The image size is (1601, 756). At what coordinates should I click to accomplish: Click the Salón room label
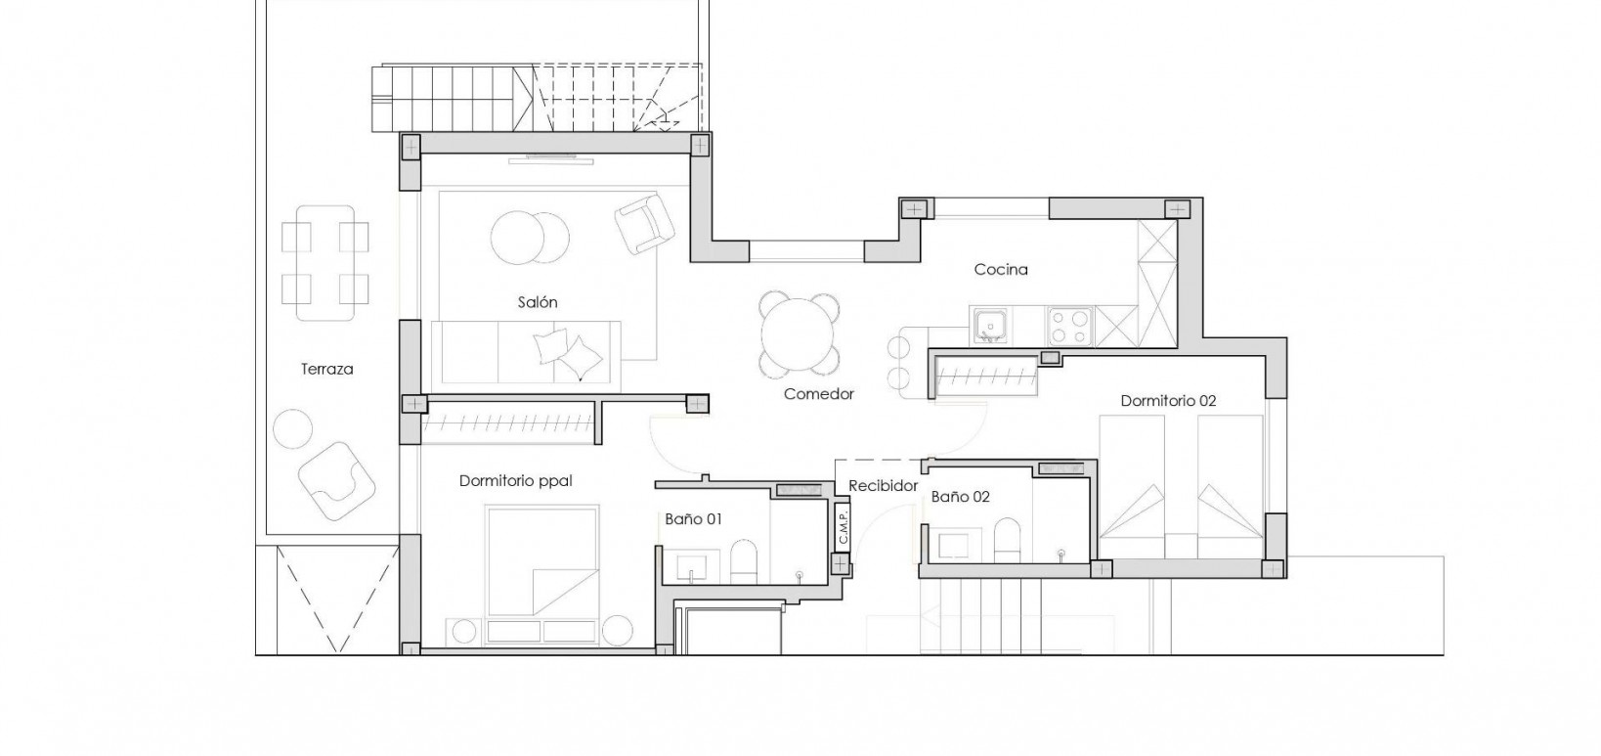pyautogui.click(x=538, y=302)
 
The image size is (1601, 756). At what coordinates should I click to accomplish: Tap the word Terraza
pyautogui.click(x=326, y=370)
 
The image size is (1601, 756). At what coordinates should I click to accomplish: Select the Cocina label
pyautogui.click(x=1001, y=269)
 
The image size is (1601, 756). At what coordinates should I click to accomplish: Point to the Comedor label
pyautogui.click(x=819, y=394)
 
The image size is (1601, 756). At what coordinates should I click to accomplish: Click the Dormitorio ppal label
pyautogui.click(x=515, y=481)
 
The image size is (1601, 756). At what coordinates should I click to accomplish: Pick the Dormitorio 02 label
pyautogui.click(x=1168, y=401)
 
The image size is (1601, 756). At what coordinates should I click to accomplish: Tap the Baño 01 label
pyautogui.click(x=693, y=519)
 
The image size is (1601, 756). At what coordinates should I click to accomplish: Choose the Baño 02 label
pyautogui.click(x=960, y=497)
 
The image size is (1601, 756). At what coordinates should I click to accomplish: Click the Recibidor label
pyautogui.click(x=883, y=485)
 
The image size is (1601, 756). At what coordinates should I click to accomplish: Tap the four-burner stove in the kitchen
pyautogui.click(x=1070, y=325)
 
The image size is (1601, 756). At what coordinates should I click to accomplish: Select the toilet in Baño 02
pyautogui.click(x=1007, y=539)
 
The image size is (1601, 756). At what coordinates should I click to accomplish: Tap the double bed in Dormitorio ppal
pyautogui.click(x=541, y=561)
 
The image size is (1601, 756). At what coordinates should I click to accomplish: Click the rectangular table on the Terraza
pyautogui.click(x=325, y=261)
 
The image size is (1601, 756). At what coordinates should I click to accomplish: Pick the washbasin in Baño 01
pyautogui.click(x=695, y=565)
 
